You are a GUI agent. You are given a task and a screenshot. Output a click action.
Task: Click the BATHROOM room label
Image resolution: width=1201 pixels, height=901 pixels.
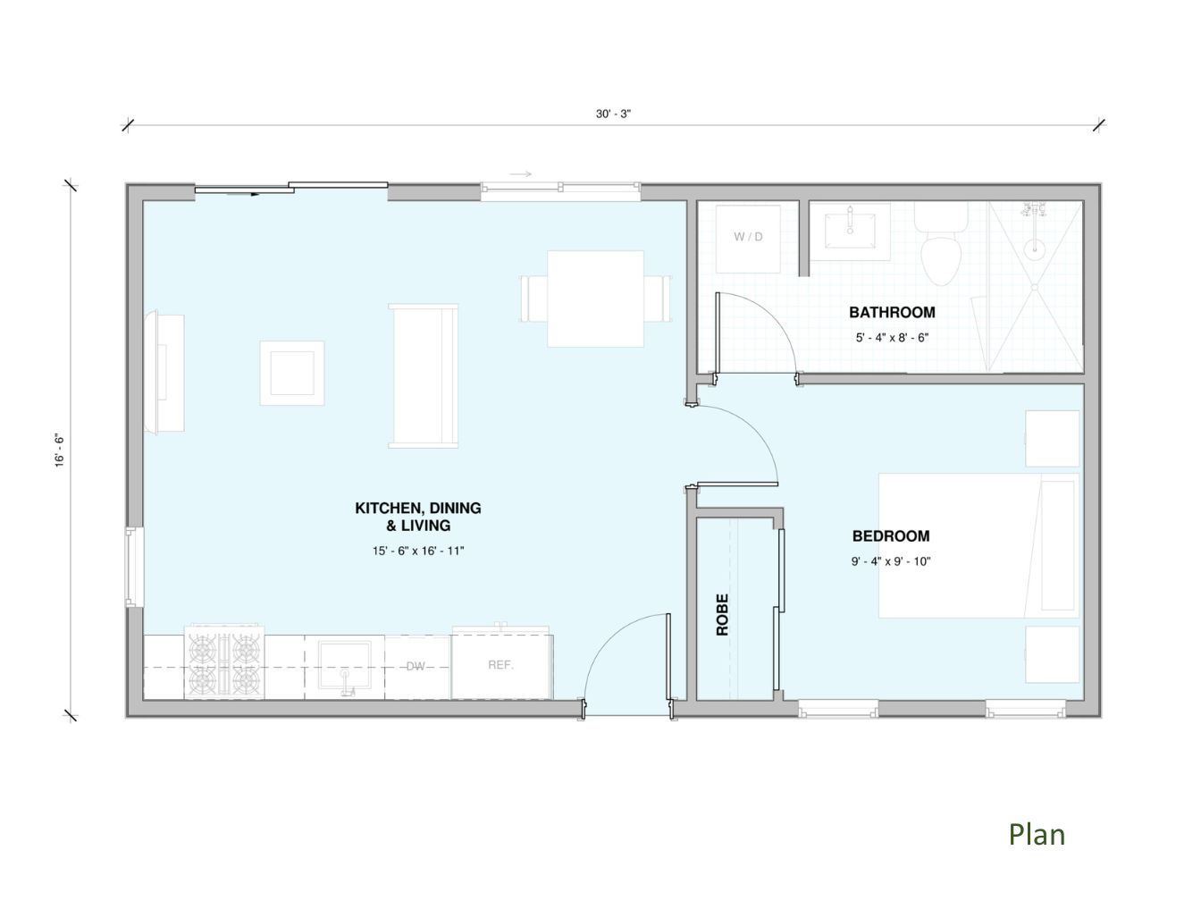click(891, 312)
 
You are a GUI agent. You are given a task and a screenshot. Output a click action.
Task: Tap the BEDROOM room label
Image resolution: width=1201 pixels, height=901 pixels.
click(890, 535)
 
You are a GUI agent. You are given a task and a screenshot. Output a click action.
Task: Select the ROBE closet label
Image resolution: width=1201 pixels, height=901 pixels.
click(722, 614)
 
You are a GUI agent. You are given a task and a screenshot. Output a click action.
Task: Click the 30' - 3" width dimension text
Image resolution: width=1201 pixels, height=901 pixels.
click(613, 114)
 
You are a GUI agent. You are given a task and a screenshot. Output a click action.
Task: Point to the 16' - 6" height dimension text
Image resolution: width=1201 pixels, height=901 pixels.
click(59, 450)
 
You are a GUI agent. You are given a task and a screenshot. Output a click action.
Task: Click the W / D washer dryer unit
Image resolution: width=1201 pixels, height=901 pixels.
click(748, 239)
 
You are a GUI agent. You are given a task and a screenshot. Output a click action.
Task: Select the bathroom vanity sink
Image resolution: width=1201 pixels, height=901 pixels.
click(850, 232)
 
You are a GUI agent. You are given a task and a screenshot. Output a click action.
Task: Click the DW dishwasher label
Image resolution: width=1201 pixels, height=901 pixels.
click(416, 666)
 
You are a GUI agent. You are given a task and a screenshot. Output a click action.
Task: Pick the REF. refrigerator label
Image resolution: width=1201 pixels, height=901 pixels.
click(500, 665)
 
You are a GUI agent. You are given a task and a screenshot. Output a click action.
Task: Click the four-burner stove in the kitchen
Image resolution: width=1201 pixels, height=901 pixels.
click(224, 662)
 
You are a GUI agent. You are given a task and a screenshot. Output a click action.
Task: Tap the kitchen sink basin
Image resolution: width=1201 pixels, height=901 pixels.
click(345, 666)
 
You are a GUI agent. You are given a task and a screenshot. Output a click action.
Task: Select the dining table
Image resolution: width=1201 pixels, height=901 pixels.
click(595, 299)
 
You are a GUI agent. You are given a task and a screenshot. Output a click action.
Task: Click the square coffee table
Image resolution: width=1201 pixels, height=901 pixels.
click(291, 373)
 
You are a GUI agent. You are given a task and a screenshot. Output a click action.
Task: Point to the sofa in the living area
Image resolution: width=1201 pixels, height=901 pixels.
click(423, 375)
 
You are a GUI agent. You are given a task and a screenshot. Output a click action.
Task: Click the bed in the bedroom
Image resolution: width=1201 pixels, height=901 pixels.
click(978, 545)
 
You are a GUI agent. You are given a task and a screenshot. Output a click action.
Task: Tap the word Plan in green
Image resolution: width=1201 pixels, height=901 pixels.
click(1037, 836)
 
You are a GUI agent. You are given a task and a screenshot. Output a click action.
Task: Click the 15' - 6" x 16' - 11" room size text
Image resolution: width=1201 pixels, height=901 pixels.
click(418, 551)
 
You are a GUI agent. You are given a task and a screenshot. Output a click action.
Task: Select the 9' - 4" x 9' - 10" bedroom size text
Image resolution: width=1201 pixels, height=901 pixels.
click(891, 561)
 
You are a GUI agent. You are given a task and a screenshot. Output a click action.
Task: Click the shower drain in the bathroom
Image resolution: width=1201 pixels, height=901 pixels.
click(1035, 287)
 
